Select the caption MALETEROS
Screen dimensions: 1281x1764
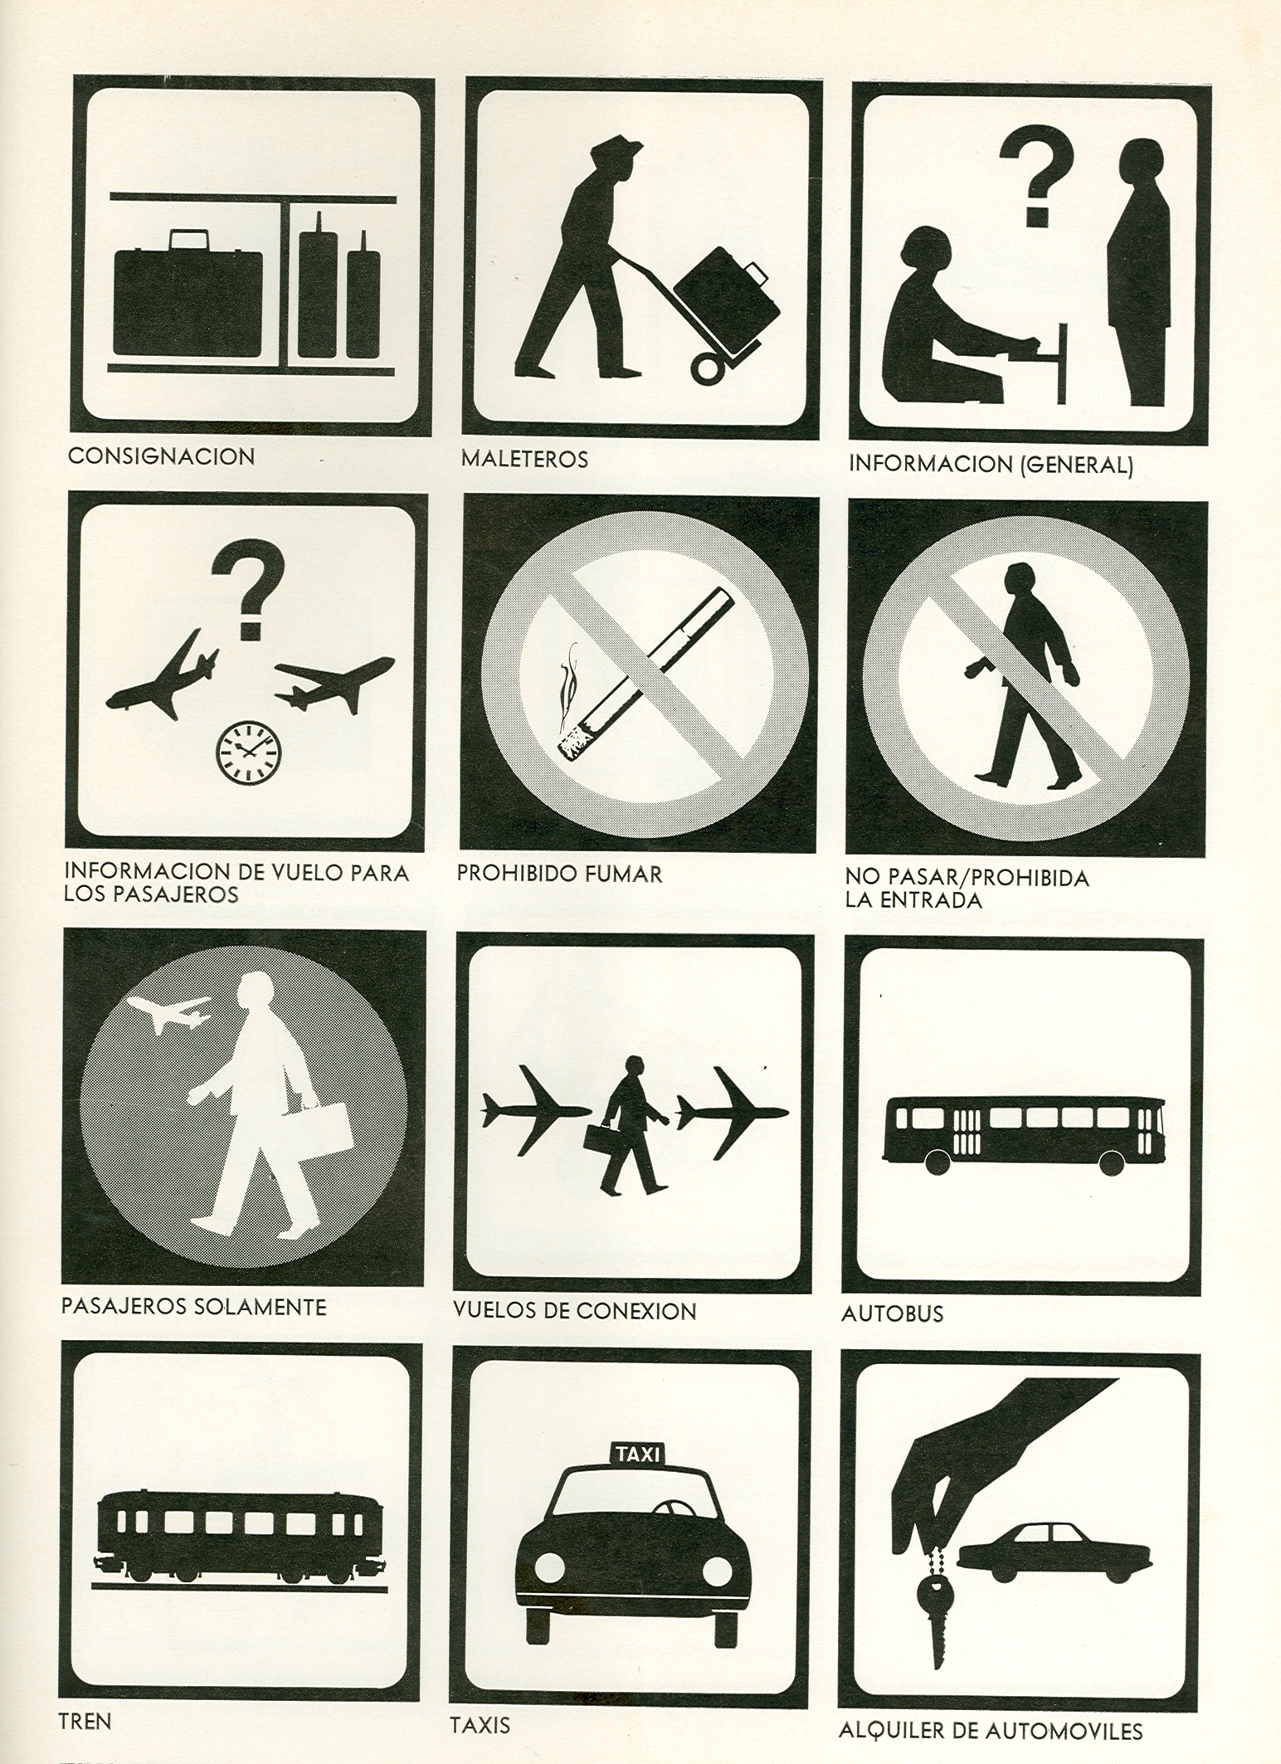[x=524, y=459]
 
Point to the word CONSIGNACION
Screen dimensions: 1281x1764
[x=161, y=456]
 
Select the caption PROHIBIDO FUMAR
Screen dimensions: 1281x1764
[x=560, y=874]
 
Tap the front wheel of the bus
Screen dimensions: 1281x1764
[x=937, y=1162]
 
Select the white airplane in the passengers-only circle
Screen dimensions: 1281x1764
[x=170, y=1013]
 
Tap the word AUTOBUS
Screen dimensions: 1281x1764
[x=892, y=1314]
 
